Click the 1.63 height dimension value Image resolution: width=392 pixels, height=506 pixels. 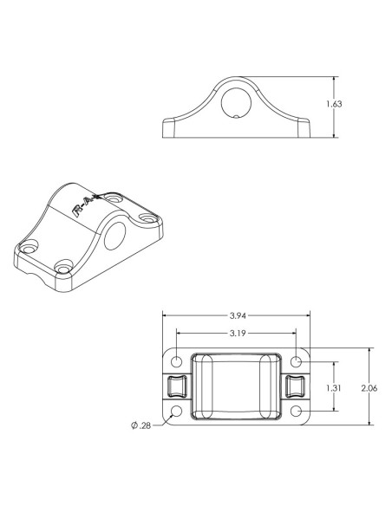click(333, 105)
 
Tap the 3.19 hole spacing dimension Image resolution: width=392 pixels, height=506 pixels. click(236, 333)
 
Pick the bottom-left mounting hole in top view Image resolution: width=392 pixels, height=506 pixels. click(176, 410)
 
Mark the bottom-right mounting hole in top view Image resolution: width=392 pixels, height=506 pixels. click(297, 410)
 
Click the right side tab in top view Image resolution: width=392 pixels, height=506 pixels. click(295, 386)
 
